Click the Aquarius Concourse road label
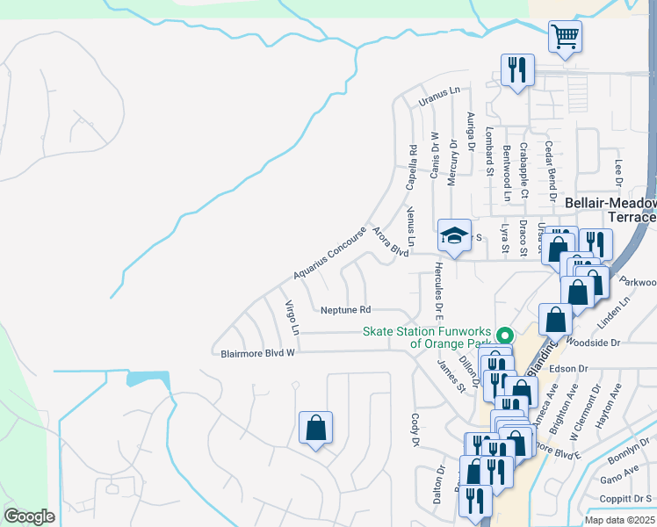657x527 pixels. point(329,254)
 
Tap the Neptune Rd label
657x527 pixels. point(346,310)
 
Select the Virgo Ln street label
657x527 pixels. point(292,318)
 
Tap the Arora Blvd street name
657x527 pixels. point(391,242)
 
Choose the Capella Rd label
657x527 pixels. point(411,169)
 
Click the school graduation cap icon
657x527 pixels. point(454,235)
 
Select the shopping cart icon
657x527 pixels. point(566,37)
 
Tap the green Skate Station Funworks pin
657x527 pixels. point(505,336)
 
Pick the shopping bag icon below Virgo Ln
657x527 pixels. point(316,429)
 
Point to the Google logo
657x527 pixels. point(29,516)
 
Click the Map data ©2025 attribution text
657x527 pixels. point(619,520)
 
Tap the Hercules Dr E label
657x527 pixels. point(439,289)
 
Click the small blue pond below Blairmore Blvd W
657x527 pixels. point(148,379)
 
